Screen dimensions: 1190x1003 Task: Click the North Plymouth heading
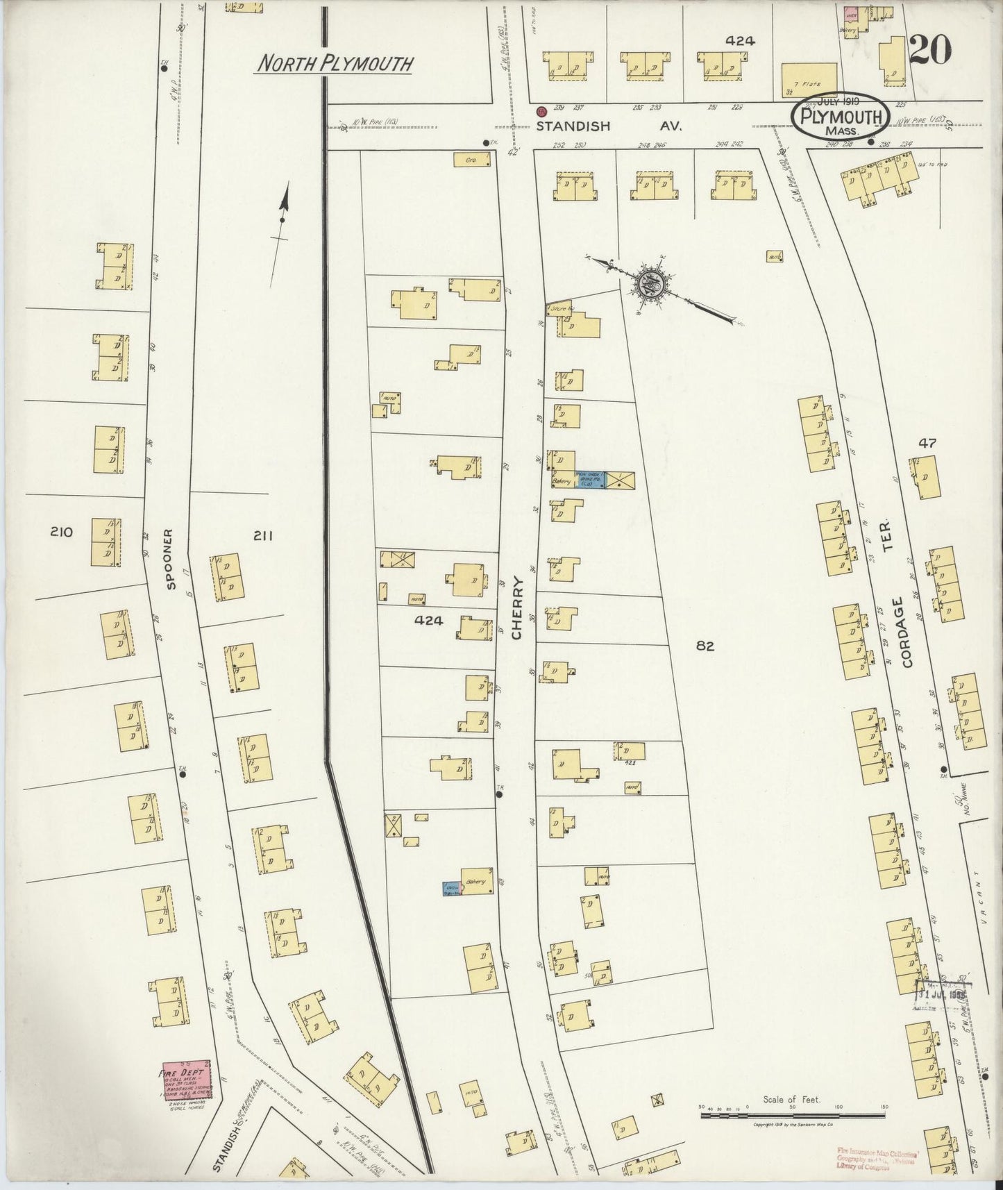(335, 64)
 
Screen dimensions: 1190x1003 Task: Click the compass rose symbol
(651, 283)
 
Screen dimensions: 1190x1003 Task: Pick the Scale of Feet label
(791, 1100)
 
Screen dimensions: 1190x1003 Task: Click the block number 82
(705, 646)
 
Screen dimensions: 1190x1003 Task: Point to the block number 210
(61, 533)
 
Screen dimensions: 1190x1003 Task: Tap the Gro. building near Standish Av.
(473, 160)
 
